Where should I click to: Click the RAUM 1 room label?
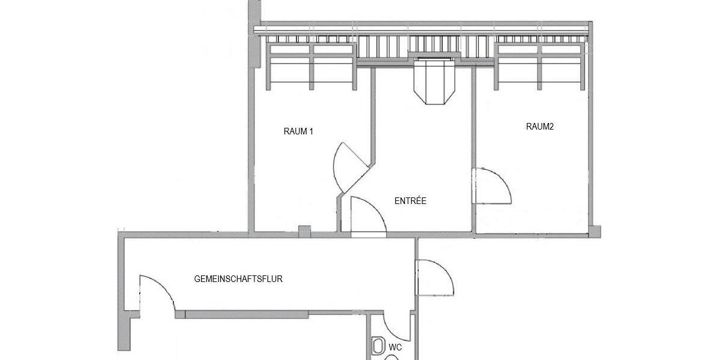tap(298, 131)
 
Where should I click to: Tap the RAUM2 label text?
tap(539, 127)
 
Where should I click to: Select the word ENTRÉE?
tap(410, 201)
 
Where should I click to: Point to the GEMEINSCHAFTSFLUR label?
tap(238, 279)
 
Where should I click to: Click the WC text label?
tap(395, 347)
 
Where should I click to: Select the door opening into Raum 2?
tap(491, 186)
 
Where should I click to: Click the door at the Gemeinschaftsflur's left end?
tap(157, 294)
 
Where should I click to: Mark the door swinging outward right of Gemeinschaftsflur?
tap(434, 277)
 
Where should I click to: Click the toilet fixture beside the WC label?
tap(379, 346)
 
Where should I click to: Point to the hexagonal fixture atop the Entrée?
tap(434, 80)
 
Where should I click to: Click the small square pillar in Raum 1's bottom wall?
tap(305, 230)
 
